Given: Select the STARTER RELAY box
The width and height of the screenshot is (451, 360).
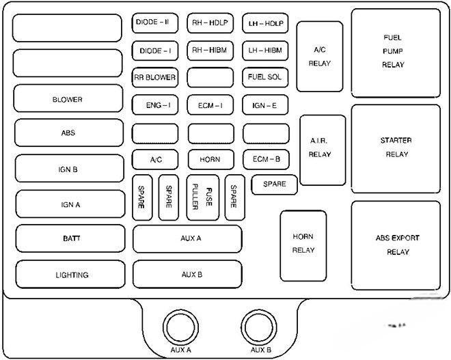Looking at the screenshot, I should click(x=396, y=148).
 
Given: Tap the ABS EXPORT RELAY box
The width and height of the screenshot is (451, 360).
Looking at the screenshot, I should click(x=396, y=245).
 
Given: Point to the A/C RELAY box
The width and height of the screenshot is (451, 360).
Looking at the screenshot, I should click(x=319, y=56).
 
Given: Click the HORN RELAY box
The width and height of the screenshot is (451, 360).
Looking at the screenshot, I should click(x=303, y=245).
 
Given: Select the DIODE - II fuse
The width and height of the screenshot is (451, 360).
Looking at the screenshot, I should click(x=154, y=23).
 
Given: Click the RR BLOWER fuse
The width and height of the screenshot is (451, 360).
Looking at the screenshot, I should click(x=154, y=78).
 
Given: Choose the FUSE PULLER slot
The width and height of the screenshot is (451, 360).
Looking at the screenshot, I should click(x=202, y=197).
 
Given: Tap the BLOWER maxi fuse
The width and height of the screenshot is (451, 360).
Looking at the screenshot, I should click(x=67, y=99).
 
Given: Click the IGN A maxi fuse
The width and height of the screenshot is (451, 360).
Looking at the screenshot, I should click(x=67, y=204).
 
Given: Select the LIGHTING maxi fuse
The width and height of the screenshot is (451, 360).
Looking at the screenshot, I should click(x=72, y=275).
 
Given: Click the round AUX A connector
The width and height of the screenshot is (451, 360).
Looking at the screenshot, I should click(x=180, y=327).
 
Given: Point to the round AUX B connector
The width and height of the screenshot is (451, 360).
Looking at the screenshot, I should click(x=261, y=327).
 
